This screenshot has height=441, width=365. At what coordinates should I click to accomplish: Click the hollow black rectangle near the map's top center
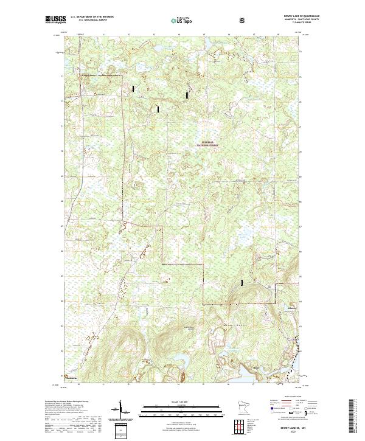(x=187, y=95)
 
